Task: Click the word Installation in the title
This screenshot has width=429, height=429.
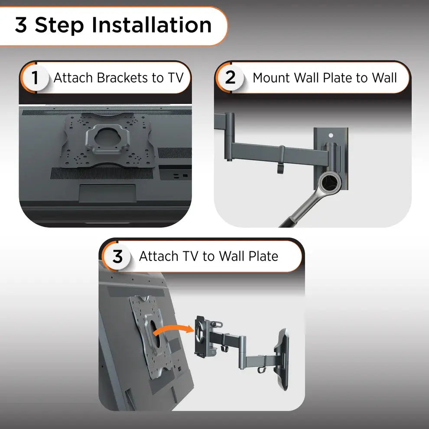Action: pyautogui.click(x=151, y=25)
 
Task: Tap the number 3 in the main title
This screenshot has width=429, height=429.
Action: pyautogui.click(x=20, y=25)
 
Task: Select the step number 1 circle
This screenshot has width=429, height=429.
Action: pyautogui.click(x=35, y=78)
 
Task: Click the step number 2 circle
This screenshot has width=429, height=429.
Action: pyautogui.click(x=231, y=78)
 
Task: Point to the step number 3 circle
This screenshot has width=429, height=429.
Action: pyautogui.click(x=117, y=257)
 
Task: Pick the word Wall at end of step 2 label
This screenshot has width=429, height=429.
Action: pyautogui.click(x=384, y=78)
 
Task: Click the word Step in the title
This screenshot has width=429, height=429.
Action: pyautogui.click(x=59, y=25)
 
